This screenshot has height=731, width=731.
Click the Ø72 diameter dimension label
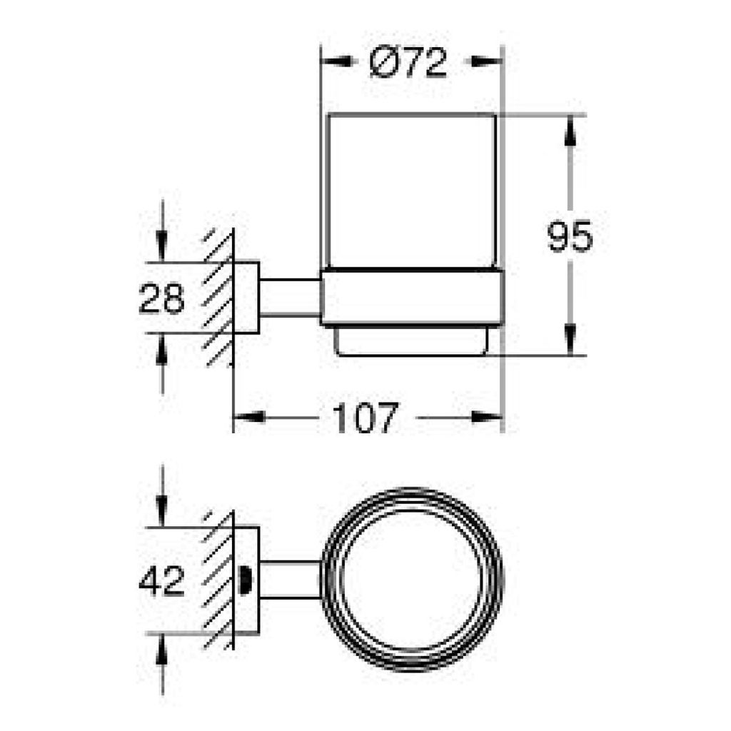point(408,62)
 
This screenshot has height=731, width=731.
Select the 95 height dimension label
point(570,236)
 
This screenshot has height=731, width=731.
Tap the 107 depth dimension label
point(365,417)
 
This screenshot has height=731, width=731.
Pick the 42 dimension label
point(161,581)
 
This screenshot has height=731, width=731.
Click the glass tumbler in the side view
point(412,191)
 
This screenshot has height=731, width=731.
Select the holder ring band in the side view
point(412,296)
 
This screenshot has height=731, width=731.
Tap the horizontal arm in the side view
point(290,298)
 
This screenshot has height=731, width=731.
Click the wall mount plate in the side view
point(246,298)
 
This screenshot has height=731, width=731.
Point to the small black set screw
point(244,580)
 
